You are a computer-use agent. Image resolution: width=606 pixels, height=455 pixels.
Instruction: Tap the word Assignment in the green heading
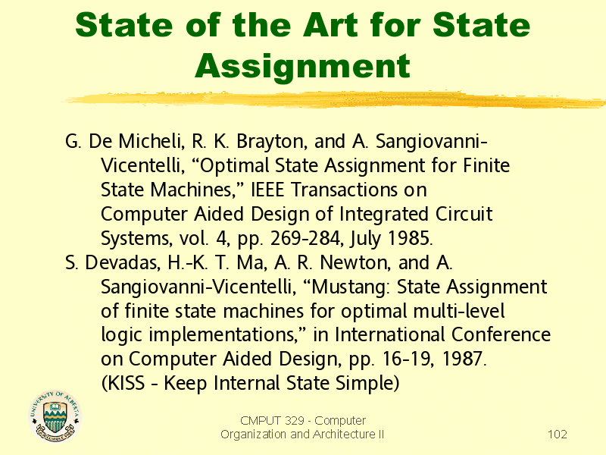click(302, 67)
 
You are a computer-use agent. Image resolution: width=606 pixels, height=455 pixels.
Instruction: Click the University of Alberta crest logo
click(55, 416)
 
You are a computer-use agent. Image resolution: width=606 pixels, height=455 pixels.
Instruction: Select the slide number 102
click(558, 434)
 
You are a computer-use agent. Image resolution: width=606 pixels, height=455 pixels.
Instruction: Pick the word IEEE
click(267, 190)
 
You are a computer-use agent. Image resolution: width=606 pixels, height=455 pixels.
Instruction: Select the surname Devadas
click(122, 262)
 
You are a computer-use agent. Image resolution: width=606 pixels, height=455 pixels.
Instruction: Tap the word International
click(389, 335)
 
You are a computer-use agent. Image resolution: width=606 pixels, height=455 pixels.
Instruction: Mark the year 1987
click(464, 359)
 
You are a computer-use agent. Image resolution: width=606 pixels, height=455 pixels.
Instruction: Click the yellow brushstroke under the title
click(334, 99)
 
